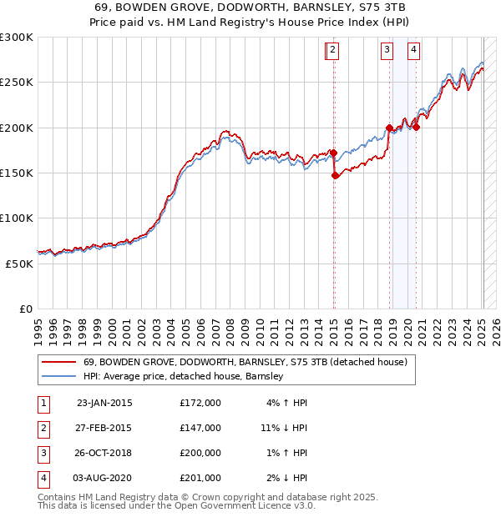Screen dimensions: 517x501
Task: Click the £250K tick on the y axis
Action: [17, 83]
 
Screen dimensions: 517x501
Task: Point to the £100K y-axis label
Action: [17, 218]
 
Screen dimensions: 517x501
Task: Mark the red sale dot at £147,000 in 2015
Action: [335, 176]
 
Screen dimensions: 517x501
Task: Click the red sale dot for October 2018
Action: [389, 128]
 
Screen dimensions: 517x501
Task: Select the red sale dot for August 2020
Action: [416, 128]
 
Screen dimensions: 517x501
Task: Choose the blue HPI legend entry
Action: [184, 377]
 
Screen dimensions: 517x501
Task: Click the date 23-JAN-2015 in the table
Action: [104, 403]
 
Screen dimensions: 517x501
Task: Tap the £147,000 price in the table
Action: [200, 428]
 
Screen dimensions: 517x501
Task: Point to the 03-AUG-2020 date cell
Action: [104, 478]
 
